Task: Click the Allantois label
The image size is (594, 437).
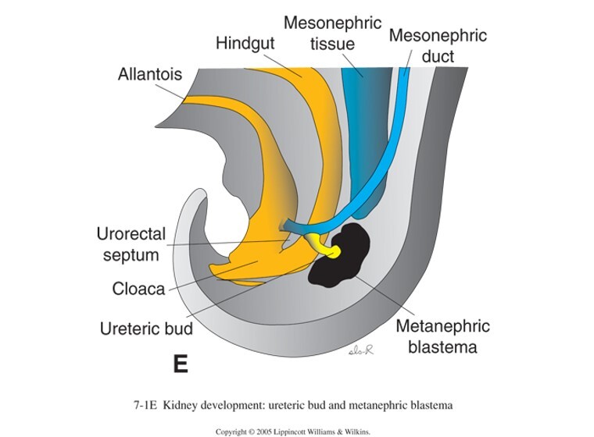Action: tap(150, 76)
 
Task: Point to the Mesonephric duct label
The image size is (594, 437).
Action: tap(438, 44)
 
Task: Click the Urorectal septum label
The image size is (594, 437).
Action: tap(128, 243)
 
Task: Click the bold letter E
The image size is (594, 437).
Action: tap(180, 364)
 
